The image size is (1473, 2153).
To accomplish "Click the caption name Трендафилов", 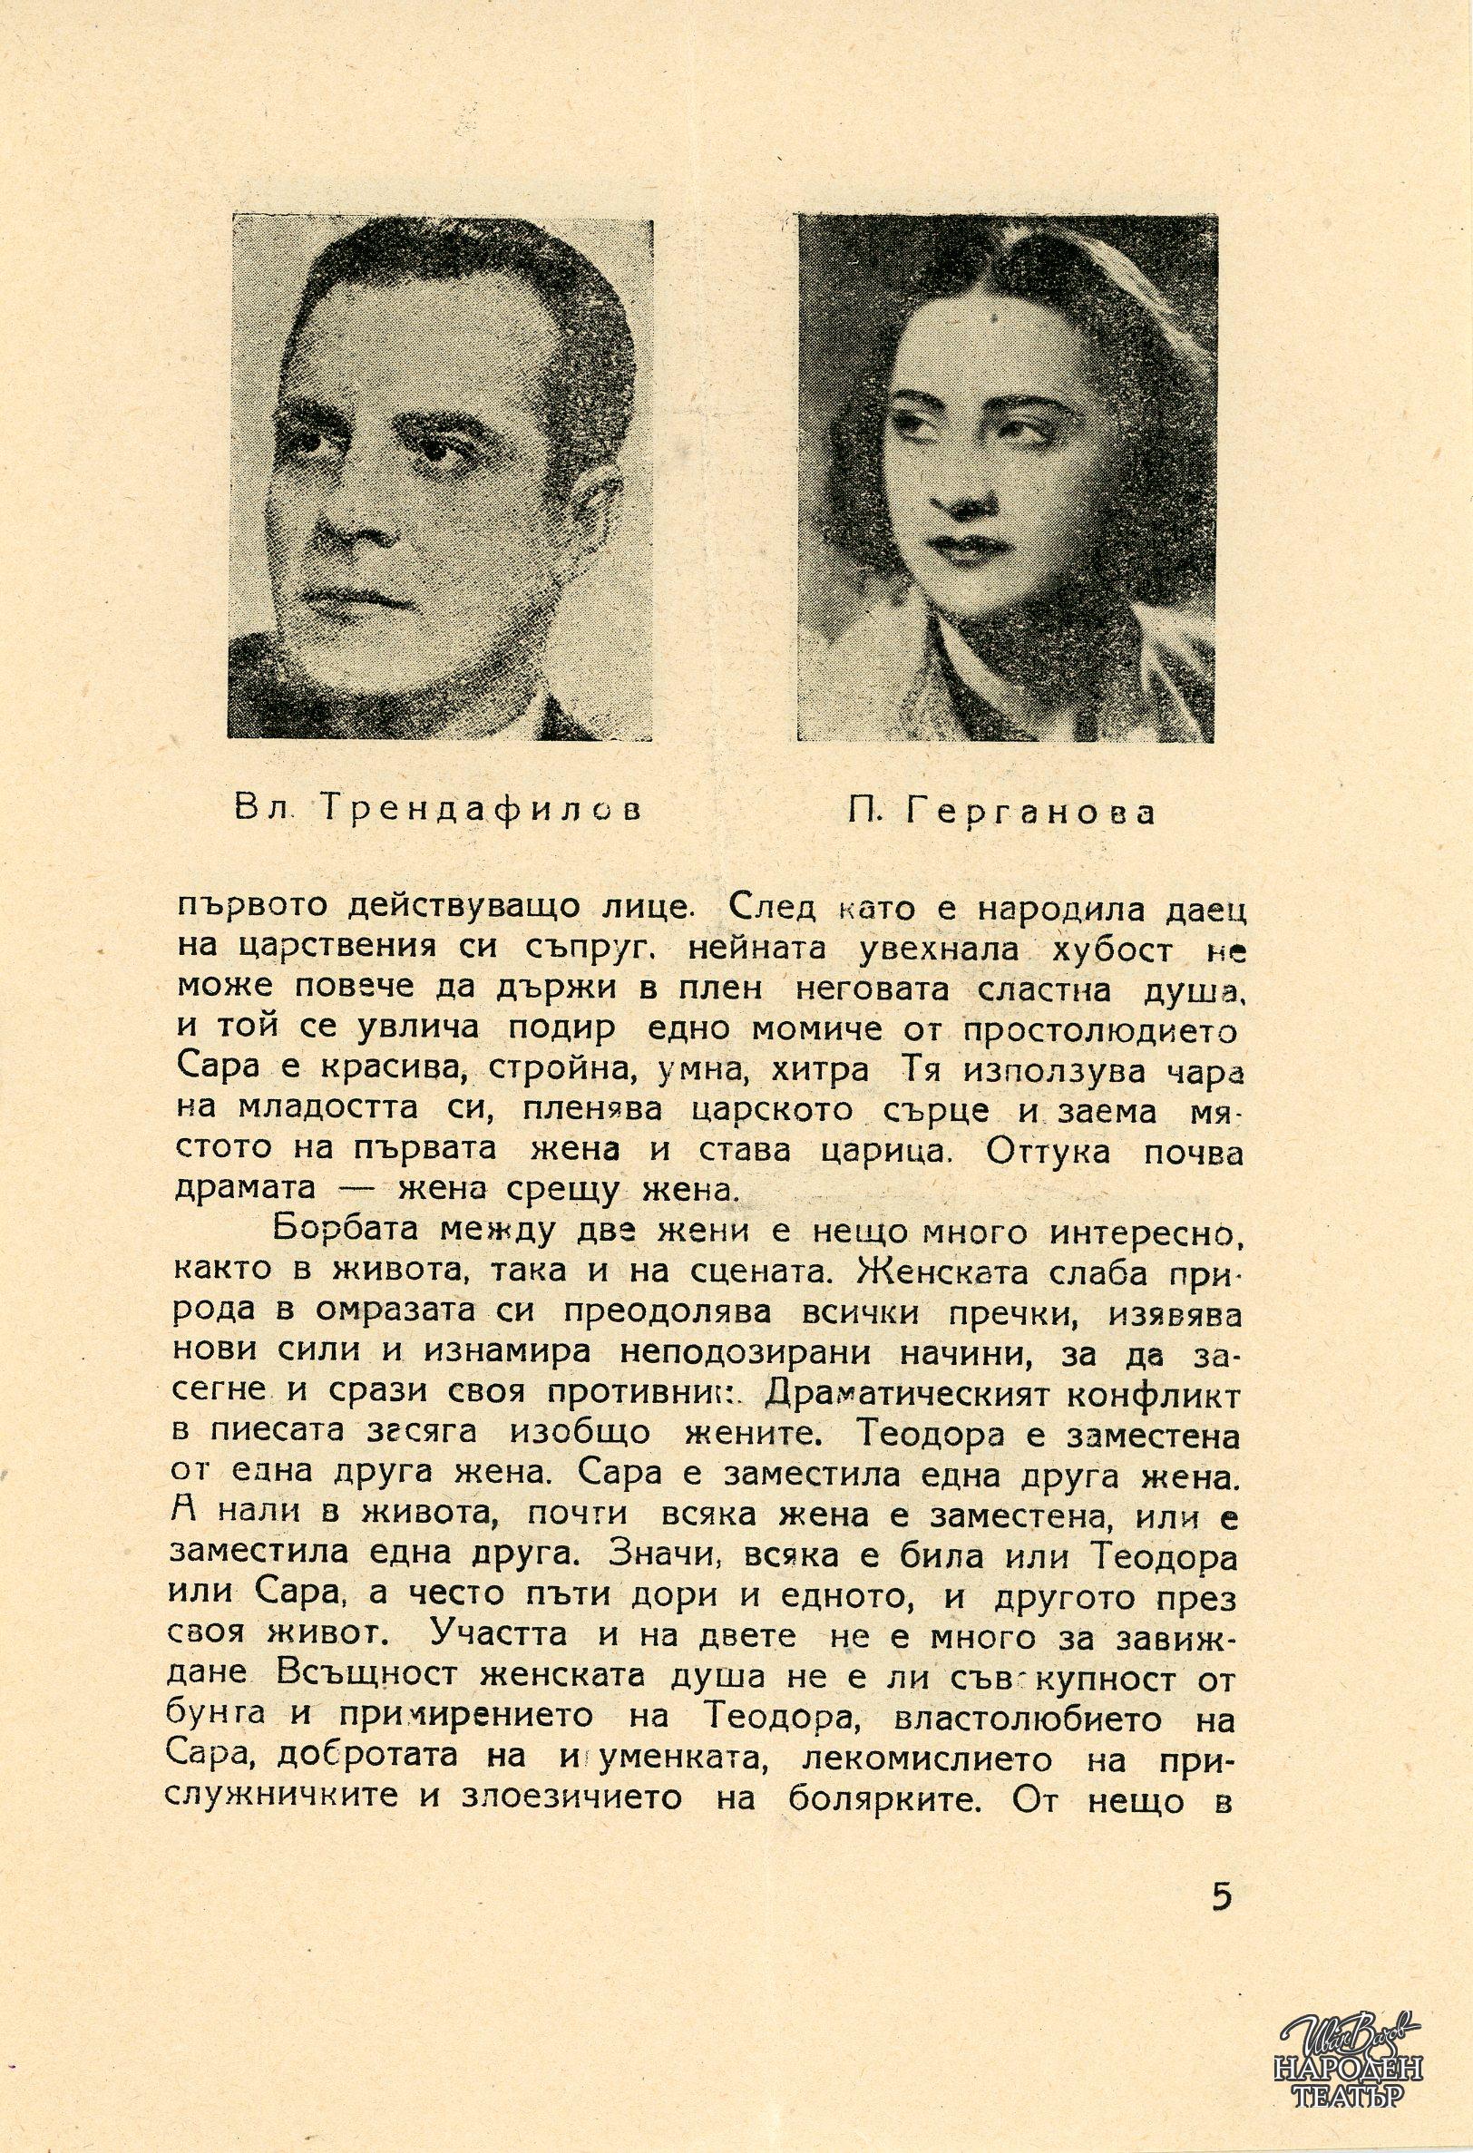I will coord(479,811).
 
